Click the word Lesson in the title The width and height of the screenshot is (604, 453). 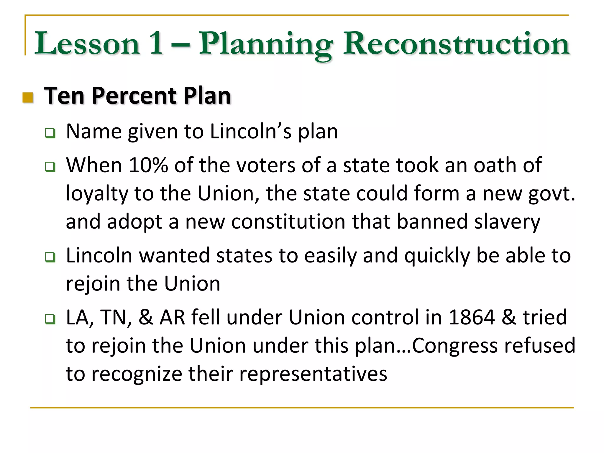(x=87, y=44)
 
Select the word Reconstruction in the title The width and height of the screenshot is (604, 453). (x=456, y=44)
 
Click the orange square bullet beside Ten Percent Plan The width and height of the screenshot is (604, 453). (x=28, y=98)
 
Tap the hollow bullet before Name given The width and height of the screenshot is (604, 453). (x=50, y=133)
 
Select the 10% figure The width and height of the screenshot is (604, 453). (x=148, y=165)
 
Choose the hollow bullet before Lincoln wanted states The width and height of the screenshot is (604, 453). (x=50, y=257)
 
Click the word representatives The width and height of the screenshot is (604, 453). (x=313, y=374)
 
